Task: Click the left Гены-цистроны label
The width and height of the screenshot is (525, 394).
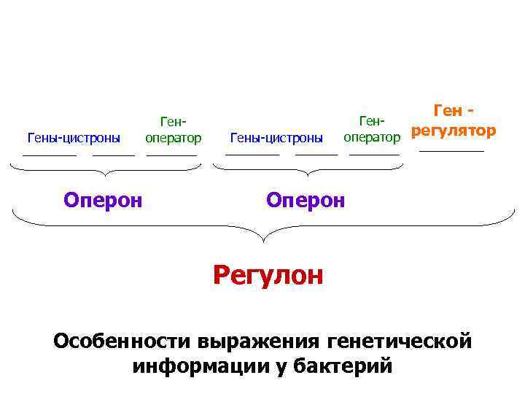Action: click(74, 137)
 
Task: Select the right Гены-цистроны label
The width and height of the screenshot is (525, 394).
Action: click(276, 137)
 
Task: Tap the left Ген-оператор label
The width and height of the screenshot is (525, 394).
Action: click(173, 130)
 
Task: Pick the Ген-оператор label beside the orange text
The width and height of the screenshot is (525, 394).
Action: click(372, 129)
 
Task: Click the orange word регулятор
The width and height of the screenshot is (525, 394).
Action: click(453, 131)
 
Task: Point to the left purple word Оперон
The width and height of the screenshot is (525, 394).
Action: click(102, 199)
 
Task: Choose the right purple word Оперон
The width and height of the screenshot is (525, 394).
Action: click(306, 199)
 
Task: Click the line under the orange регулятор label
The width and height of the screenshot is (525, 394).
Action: click(451, 151)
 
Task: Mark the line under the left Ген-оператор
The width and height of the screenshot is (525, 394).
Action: click(172, 154)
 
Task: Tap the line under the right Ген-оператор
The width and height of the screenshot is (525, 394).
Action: click(375, 154)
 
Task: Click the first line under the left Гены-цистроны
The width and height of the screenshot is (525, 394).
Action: click(50, 154)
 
